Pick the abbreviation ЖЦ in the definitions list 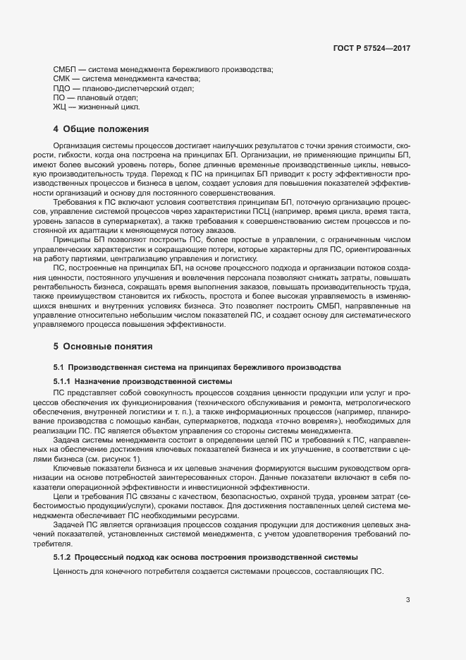60,107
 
